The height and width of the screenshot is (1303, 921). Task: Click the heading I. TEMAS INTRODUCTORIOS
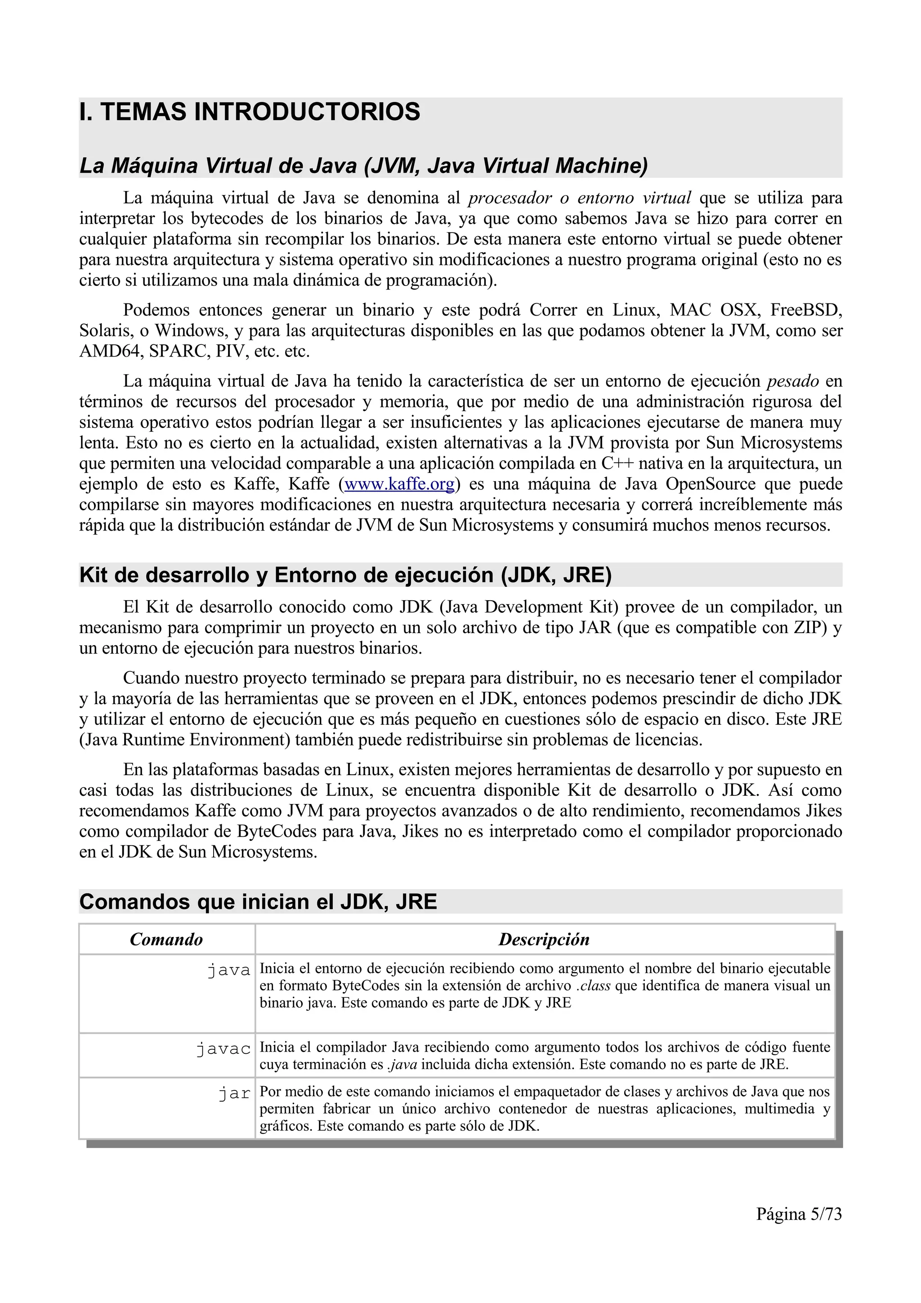coord(250,112)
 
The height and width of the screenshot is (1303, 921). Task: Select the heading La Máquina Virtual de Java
coord(363,166)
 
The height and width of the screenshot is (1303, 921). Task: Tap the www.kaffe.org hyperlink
coord(399,484)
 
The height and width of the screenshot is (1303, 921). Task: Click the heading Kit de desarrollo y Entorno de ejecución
coord(345,575)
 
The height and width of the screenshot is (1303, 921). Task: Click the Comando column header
coord(166,939)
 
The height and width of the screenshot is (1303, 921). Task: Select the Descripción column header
coord(544,939)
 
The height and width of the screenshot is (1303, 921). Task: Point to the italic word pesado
coord(793,381)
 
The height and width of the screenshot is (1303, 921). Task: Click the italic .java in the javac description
coord(402,1064)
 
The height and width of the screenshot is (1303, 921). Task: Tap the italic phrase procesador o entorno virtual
coord(579,198)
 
